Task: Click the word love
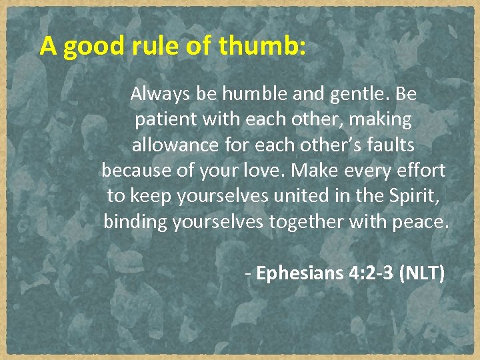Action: click(x=267, y=171)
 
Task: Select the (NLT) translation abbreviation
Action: click(x=422, y=273)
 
